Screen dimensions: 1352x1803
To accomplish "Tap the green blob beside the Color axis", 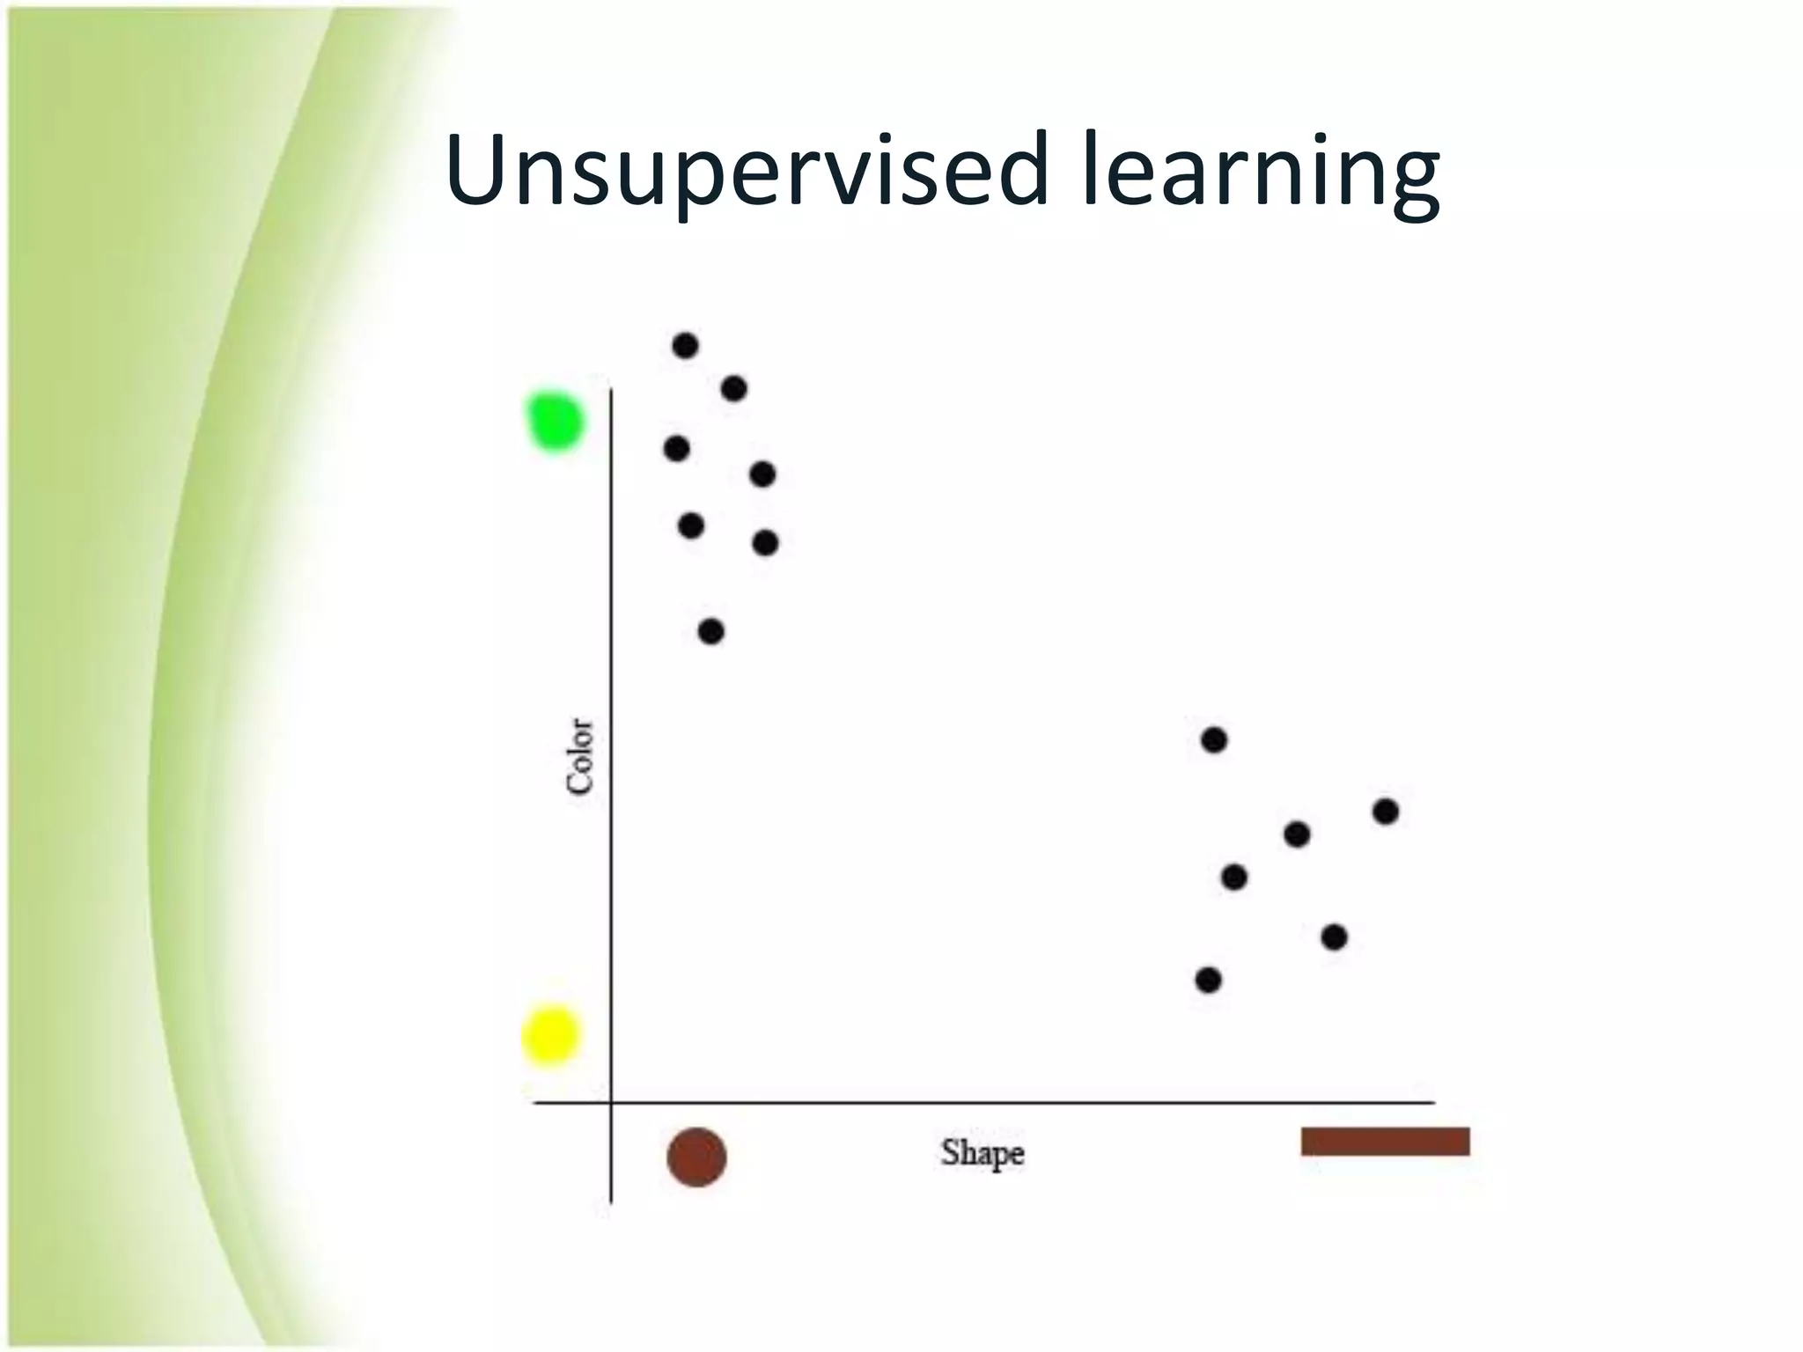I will pos(554,422).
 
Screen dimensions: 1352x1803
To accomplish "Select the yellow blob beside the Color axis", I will pos(550,1035).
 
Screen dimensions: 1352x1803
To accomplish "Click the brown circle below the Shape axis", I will pos(696,1157).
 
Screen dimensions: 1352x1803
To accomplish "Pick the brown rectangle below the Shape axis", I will pos(1385,1142).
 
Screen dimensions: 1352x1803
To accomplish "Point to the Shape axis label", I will pos(982,1153).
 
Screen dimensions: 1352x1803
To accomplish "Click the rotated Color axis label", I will pos(580,756).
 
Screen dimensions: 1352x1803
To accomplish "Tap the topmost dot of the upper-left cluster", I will pos(685,345).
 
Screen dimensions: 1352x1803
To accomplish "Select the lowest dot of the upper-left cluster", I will pos(710,631).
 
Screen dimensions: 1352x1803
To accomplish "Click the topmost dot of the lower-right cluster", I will pos(1213,740).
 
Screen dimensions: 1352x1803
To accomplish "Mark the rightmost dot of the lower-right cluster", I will pos(1385,811).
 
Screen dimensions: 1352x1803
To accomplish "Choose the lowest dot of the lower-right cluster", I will pos(1208,979).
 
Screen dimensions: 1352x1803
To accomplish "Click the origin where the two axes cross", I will pos(611,1102).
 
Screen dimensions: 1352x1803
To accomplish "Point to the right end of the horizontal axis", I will pos(1433,1102).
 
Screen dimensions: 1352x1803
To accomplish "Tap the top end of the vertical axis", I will pos(611,390).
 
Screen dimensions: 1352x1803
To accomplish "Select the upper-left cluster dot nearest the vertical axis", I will pos(676,449).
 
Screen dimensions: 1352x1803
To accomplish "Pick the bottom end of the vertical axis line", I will pos(611,1201).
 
